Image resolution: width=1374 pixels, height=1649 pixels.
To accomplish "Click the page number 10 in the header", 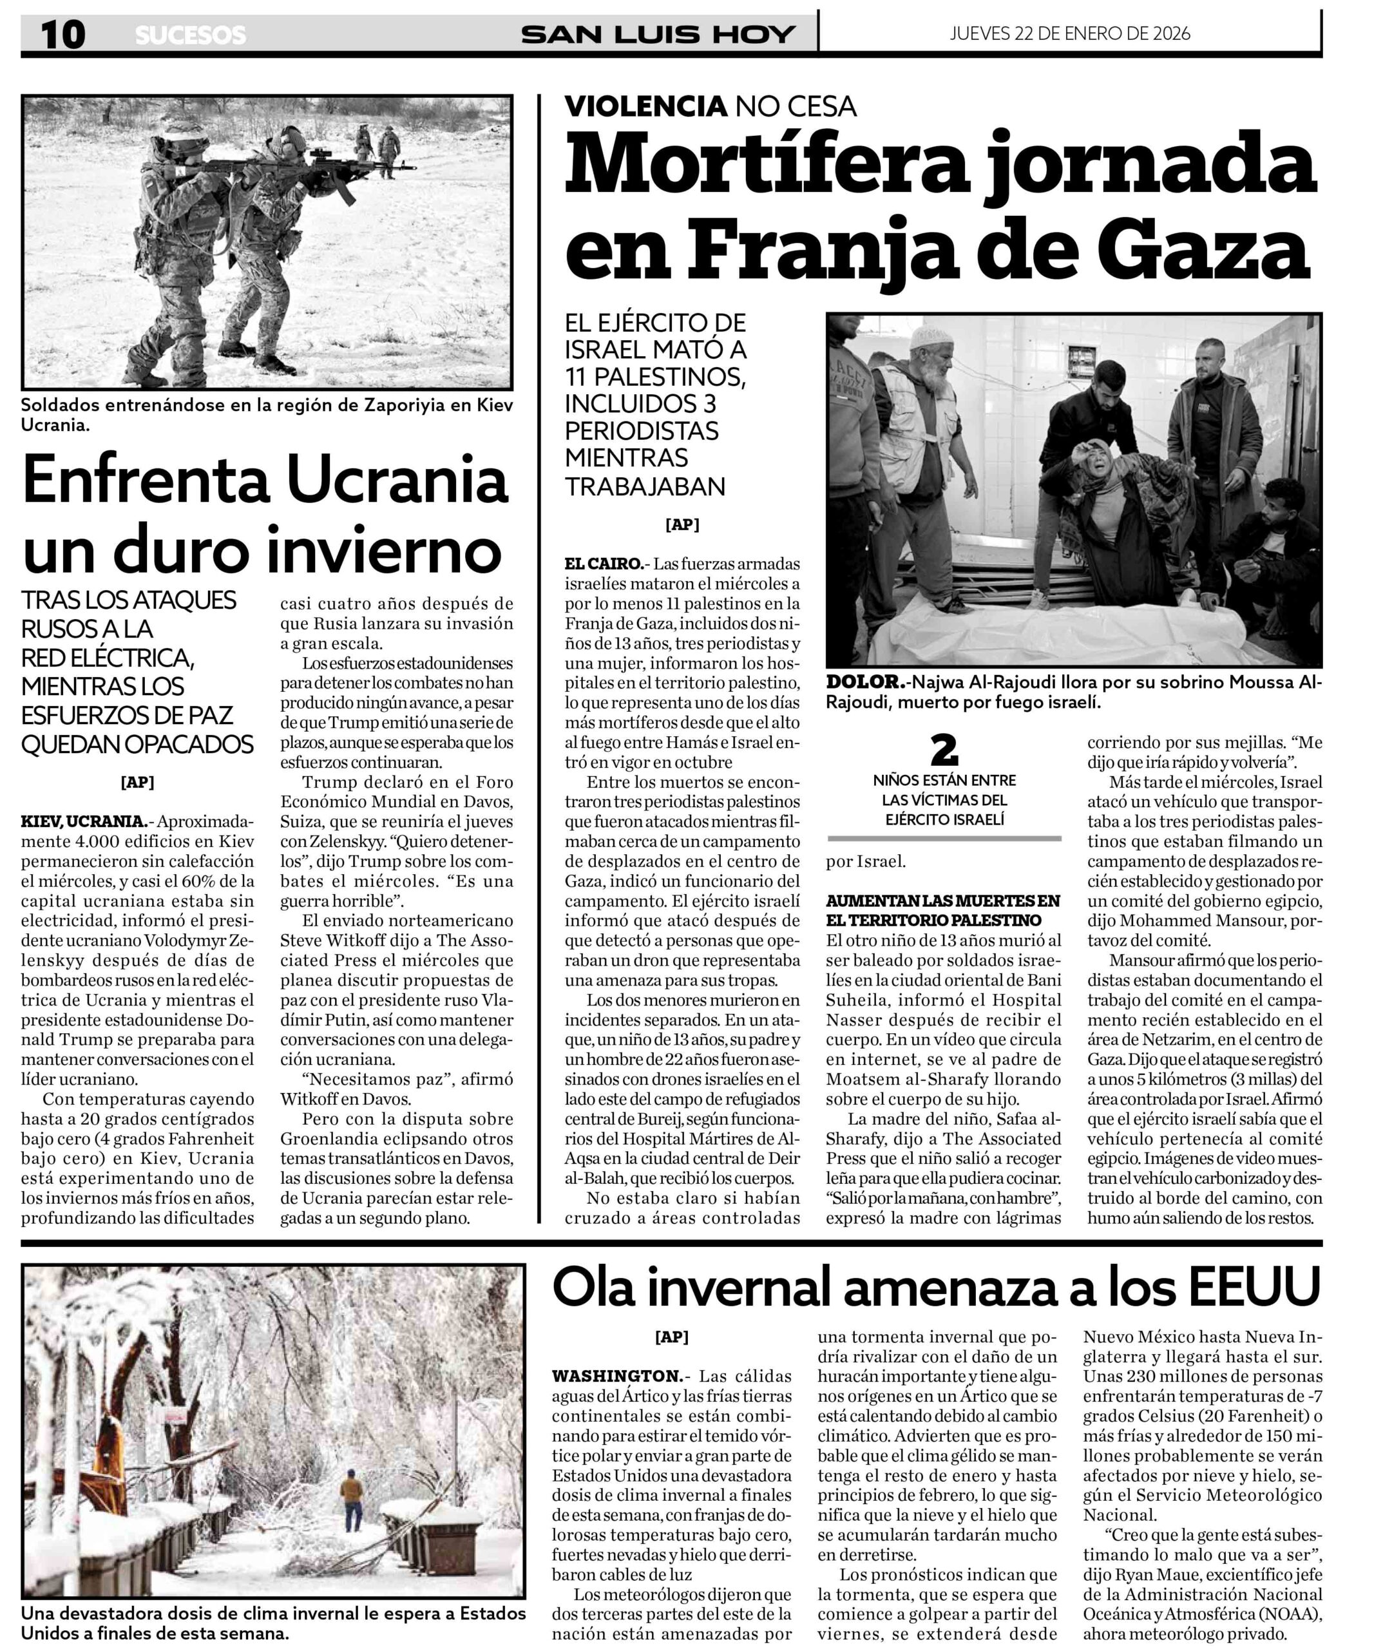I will [63, 35].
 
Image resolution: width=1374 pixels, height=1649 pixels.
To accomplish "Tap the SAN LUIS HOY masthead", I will [658, 35].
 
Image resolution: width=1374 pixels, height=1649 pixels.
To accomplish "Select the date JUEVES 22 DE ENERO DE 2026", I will [1069, 33].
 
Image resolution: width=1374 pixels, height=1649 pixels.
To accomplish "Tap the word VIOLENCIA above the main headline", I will [645, 106].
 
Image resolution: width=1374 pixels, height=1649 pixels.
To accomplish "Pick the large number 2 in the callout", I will [944, 750].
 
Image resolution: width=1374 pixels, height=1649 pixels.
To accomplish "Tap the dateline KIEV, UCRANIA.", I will [83, 822].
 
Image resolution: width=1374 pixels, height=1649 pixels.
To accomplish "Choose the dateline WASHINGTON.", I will [617, 1376].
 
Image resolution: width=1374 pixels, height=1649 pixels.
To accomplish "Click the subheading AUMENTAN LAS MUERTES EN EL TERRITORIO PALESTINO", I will [943, 910].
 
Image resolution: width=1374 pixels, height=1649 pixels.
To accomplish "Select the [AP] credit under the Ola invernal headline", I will [671, 1337].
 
